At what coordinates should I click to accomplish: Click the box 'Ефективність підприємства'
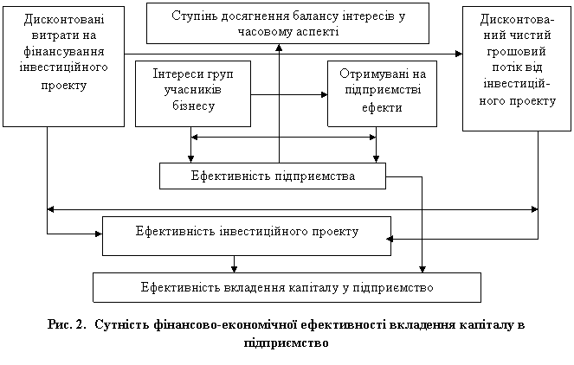[x=273, y=176]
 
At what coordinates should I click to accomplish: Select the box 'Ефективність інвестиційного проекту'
[x=247, y=236]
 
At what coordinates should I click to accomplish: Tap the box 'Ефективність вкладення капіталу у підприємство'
[x=287, y=287]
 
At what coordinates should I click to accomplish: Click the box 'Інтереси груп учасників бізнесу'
[x=193, y=94]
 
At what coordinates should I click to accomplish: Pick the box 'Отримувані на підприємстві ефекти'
[x=382, y=94]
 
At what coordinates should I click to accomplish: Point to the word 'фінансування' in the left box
[x=64, y=51]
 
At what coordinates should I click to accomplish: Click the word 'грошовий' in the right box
[x=516, y=52]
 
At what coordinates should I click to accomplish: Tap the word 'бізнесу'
[x=193, y=106]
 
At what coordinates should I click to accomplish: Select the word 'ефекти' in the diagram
[x=382, y=107]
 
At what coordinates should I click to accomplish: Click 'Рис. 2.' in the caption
[x=67, y=324]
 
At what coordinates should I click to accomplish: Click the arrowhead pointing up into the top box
[x=279, y=48]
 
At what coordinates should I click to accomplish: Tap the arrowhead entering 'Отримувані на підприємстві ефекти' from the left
[x=324, y=95]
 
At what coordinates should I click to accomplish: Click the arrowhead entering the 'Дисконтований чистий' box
[x=459, y=54]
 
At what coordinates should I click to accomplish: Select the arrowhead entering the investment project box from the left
[x=99, y=234]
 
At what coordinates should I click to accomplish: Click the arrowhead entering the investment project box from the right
[x=390, y=240]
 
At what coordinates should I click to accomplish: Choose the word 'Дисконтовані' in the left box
[x=64, y=19]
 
